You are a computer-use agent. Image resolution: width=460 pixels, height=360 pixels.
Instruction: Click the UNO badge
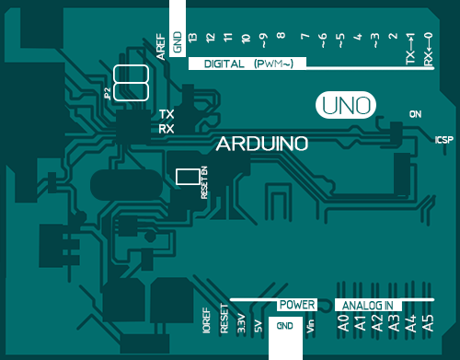(347, 105)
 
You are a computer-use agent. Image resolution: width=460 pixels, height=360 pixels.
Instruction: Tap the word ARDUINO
(261, 145)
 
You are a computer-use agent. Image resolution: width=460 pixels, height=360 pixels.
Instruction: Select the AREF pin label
(161, 49)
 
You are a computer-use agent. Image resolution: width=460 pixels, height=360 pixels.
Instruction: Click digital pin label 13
(192, 38)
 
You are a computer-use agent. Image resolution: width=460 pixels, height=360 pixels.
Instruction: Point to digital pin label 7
(304, 38)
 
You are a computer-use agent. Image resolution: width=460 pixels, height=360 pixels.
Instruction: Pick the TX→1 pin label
(410, 47)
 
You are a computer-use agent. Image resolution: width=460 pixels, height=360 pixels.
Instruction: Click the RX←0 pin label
(428, 47)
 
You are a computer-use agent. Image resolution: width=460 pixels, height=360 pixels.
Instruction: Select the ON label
(415, 113)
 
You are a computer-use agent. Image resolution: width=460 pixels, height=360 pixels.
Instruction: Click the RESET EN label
(204, 181)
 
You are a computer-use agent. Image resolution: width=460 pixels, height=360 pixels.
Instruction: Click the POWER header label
(297, 304)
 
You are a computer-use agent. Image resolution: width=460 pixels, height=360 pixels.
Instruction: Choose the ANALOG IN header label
(367, 305)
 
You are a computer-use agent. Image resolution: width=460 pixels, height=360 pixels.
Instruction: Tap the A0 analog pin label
(342, 323)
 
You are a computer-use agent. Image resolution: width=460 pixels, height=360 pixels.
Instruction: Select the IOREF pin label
(205, 322)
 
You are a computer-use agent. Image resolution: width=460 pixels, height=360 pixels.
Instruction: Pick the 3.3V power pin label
(240, 323)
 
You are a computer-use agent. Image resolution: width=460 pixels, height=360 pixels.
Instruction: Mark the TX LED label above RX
(167, 114)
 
